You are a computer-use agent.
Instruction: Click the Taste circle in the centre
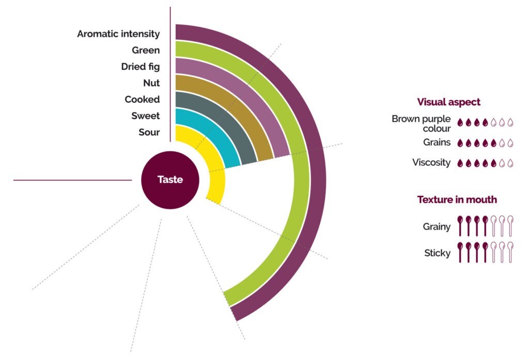click(170, 180)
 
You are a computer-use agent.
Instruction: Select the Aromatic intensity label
click(118, 34)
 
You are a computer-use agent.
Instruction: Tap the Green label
click(146, 50)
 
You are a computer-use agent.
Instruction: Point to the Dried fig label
click(141, 67)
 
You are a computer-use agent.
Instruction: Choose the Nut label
click(151, 83)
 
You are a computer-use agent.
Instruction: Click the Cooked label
click(142, 99)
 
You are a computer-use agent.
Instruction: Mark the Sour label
click(149, 132)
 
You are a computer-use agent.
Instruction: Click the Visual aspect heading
click(448, 102)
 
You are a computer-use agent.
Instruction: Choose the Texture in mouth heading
click(457, 199)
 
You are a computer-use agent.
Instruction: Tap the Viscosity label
click(431, 162)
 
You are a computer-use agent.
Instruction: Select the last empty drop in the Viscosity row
click(510, 163)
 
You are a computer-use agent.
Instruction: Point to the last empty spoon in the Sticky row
click(510, 253)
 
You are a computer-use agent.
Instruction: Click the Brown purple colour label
click(421, 123)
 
